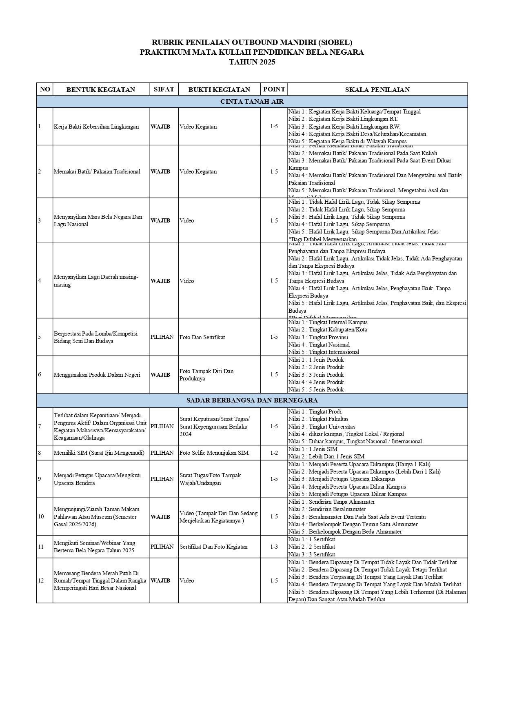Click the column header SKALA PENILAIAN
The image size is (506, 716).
(x=377, y=89)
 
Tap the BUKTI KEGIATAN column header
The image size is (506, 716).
(x=219, y=89)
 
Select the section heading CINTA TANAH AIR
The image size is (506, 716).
(x=252, y=102)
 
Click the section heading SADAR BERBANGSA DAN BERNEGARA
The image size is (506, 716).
(x=252, y=400)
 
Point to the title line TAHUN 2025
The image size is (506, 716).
(x=252, y=62)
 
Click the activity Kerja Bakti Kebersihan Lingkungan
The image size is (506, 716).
(x=96, y=127)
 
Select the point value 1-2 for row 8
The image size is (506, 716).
(x=274, y=453)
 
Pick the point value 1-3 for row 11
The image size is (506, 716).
(x=274, y=547)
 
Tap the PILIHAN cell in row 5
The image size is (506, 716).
(x=162, y=337)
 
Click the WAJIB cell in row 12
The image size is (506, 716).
(x=160, y=580)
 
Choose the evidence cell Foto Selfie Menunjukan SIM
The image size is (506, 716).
(x=214, y=453)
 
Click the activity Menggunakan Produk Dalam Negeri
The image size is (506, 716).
(x=97, y=375)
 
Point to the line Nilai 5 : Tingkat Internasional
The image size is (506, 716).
(x=324, y=352)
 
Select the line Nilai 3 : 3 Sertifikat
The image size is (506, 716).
(x=312, y=554)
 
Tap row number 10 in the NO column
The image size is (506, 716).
(x=41, y=517)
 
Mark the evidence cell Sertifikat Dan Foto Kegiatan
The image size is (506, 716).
(x=213, y=547)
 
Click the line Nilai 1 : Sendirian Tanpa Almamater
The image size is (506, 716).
(x=331, y=502)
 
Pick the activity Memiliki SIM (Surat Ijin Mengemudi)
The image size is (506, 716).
(x=99, y=453)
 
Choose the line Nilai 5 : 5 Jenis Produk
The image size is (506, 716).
(x=316, y=389)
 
